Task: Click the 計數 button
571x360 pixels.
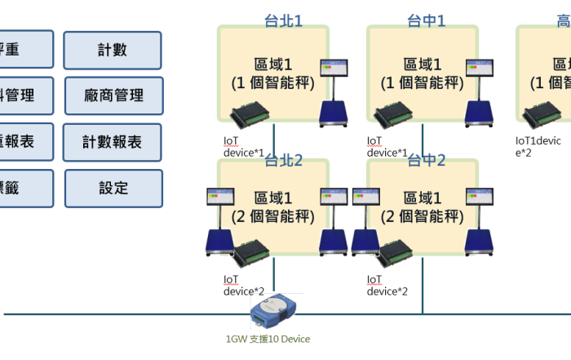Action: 113,51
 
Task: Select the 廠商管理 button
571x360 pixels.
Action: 113,96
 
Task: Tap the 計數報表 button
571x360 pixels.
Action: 113,142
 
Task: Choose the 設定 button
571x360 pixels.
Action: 113,189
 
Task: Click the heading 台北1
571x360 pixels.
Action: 283,20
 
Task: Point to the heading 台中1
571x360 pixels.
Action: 427,20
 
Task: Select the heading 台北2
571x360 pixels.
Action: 283,160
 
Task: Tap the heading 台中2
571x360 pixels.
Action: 427,160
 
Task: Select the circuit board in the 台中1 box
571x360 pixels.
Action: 400,113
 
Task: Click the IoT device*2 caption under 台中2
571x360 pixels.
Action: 387,285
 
